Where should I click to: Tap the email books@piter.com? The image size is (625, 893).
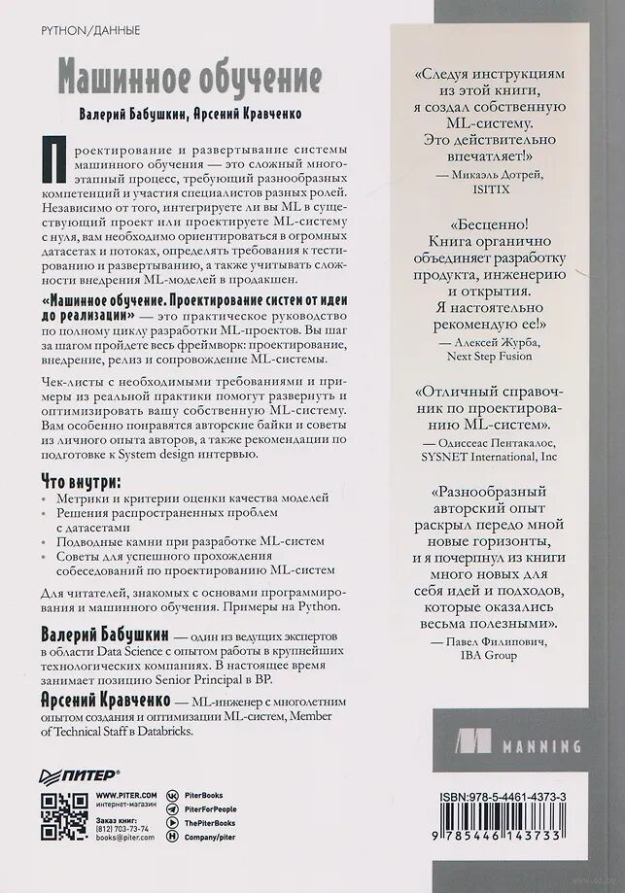coord(124,837)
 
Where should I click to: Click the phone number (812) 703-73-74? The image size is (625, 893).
coord(122,828)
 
